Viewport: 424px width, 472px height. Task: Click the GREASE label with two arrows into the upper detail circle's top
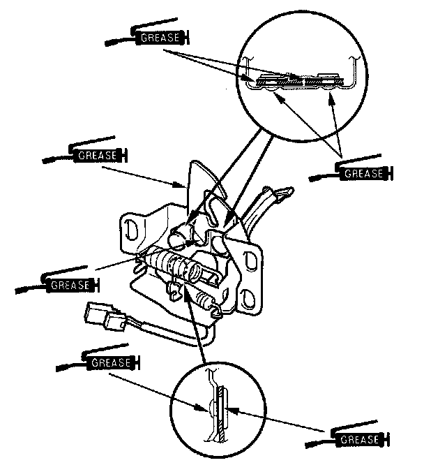click(x=160, y=37)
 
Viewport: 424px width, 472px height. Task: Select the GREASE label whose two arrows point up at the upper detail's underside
click(x=363, y=173)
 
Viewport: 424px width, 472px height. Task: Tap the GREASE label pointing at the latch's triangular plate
click(x=97, y=155)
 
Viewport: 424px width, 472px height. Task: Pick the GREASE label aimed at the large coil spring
click(x=70, y=285)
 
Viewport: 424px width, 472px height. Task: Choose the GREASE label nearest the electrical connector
click(x=111, y=362)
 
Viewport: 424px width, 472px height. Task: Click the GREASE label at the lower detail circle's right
click(x=359, y=439)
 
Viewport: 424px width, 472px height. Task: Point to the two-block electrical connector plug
click(x=105, y=317)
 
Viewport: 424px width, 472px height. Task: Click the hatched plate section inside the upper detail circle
click(x=301, y=81)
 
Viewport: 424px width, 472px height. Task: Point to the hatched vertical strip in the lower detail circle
click(x=222, y=415)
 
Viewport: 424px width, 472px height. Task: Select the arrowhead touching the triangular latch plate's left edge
click(x=180, y=185)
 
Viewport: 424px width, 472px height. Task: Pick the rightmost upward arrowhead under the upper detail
click(x=331, y=99)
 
